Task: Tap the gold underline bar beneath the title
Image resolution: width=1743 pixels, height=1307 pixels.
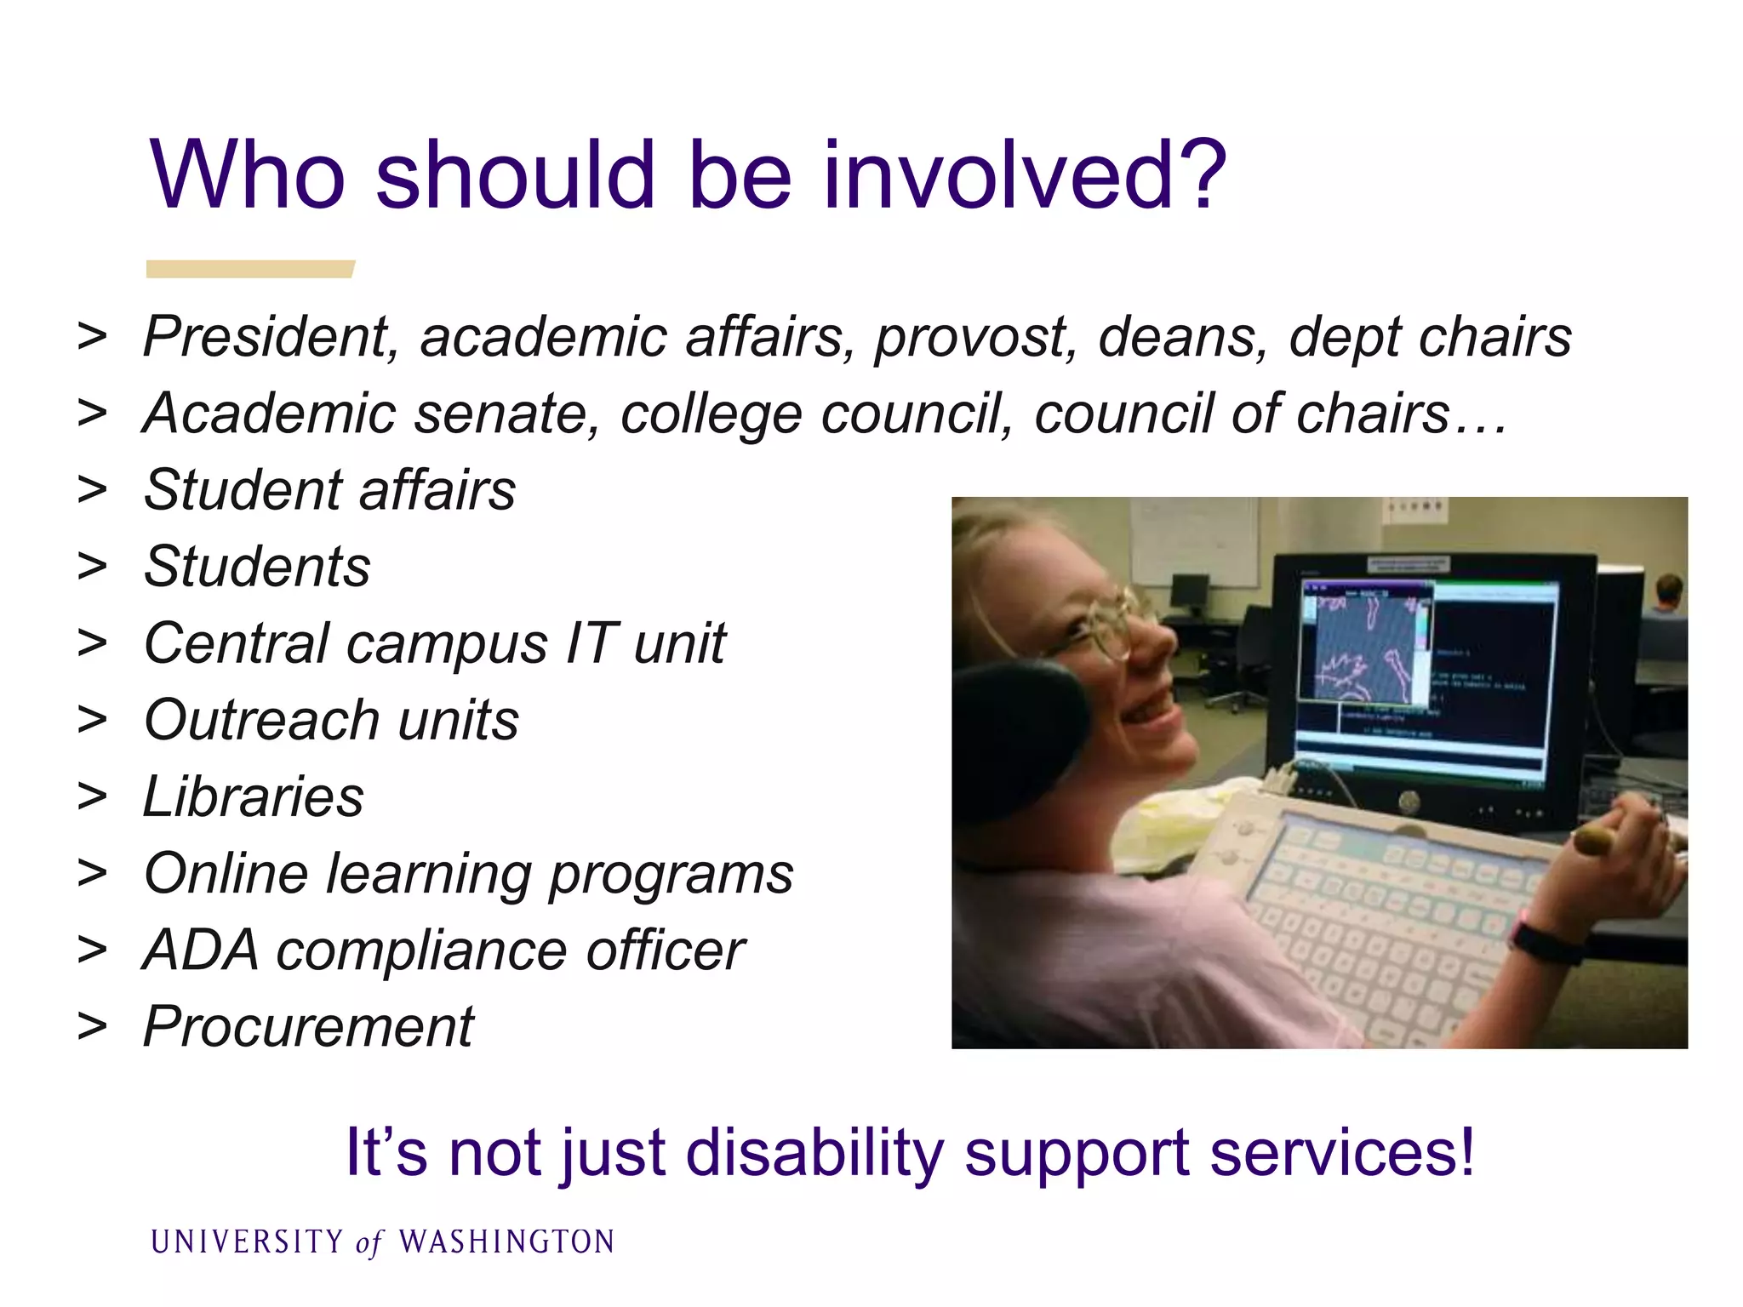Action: [x=249, y=269]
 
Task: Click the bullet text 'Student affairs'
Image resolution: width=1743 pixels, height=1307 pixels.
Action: [x=330, y=491]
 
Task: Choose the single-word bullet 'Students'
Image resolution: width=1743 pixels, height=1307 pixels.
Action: [x=257, y=567]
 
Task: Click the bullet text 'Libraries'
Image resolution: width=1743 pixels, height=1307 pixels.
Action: [x=254, y=797]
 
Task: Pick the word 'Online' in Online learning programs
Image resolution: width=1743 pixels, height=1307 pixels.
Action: [x=226, y=874]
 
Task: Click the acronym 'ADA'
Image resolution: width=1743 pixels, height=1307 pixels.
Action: [x=201, y=950]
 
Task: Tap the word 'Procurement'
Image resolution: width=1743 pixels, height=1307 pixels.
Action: [x=308, y=1027]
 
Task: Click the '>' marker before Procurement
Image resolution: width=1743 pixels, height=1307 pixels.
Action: [x=92, y=1027]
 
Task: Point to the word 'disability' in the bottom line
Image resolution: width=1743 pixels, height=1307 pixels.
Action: [x=815, y=1154]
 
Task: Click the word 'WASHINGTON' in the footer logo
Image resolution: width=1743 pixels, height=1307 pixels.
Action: [x=507, y=1242]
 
